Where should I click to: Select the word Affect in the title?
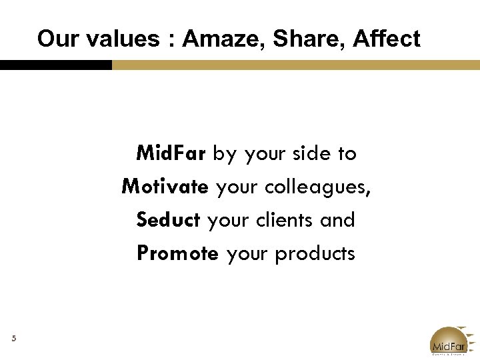[x=387, y=39]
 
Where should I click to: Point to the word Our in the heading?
[x=54, y=39]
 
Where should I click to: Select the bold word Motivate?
[x=165, y=187]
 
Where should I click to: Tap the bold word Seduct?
[x=168, y=220]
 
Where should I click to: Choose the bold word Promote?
[x=177, y=253]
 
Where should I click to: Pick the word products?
[x=315, y=254]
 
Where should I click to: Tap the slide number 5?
[x=13, y=339]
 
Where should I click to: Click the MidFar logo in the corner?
[x=451, y=341]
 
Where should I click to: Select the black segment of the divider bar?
[x=56, y=65]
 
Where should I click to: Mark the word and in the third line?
[x=337, y=220]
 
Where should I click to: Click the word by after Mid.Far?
[x=225, y=154]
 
